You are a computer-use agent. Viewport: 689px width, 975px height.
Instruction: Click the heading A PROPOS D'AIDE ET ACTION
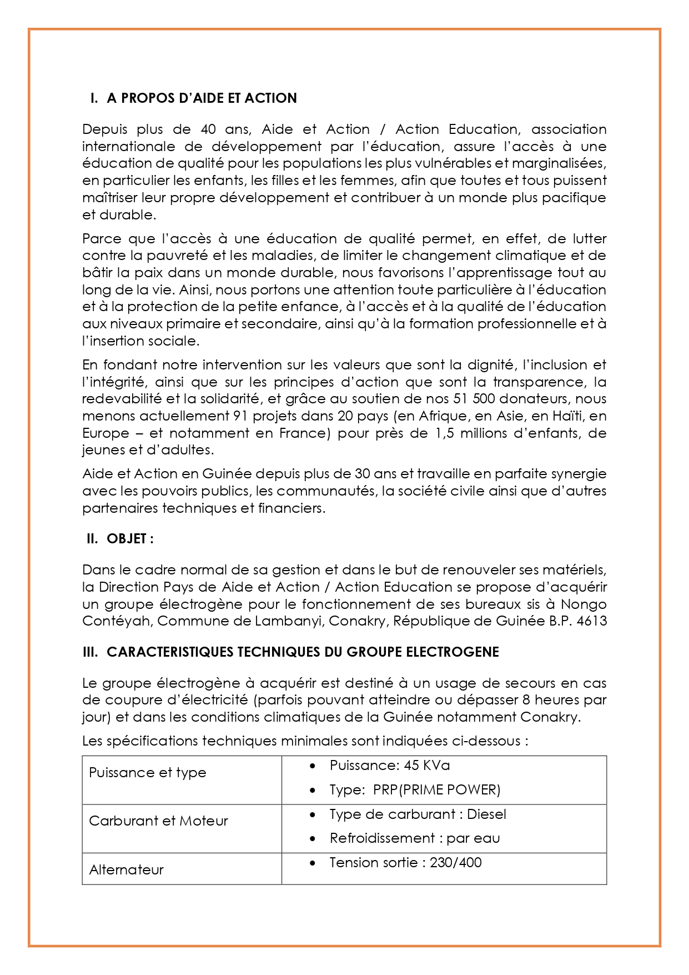[x=202, y=98]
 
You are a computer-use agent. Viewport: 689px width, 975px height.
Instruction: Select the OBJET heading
[x=130, y=539]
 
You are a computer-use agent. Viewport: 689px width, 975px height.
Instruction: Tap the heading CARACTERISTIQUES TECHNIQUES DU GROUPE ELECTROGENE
[x=303, y=652]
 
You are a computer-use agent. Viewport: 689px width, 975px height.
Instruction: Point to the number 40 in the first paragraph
[x=208, y=129]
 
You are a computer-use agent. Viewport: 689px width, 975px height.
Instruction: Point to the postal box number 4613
[x=592, y=621]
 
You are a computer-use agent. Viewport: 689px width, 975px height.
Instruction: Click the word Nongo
[x=584, y=604]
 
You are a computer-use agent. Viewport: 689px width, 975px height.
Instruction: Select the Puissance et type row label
[x=148, y=773]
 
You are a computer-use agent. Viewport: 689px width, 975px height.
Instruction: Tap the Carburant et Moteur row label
[x=158, y=821]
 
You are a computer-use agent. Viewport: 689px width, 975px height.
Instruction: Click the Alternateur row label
[x=127, y=870]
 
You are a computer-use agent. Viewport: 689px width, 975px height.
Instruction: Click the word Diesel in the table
[x=487, y=814]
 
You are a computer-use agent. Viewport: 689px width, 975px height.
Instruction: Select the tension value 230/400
[x=456, y=863]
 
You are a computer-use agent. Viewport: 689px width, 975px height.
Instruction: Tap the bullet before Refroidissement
[x=313, y=839]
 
